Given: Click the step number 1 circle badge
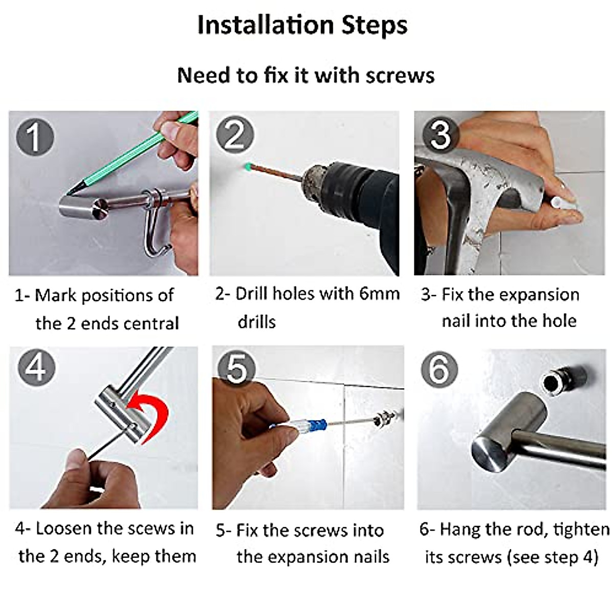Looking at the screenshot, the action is pyautogui.click(x=35, y=137).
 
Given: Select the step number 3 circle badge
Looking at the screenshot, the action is pyautogui.click(x=441, y=135).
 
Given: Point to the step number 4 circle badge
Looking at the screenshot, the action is pyautogui.click(x=36, y=368).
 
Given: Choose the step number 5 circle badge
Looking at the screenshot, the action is pyautogui.click(x=237, y=368).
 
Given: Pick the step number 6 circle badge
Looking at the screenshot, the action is pyautogui.click(x=440, y=369).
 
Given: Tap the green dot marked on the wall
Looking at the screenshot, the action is pyautogui.click(x=247, y=166).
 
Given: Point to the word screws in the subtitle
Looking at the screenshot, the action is pyautogui.click(x=400, y=76).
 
